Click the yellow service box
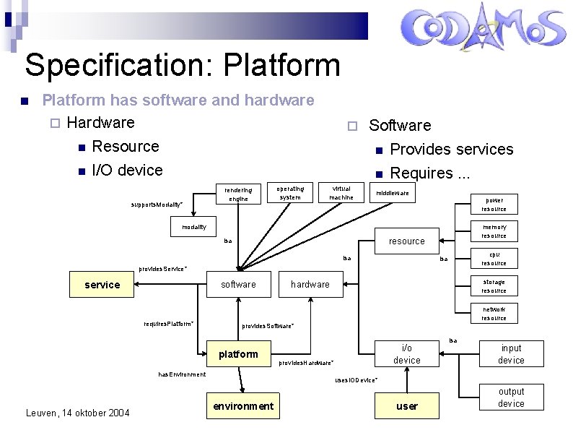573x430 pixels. (x=102, y=285)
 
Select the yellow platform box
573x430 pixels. (x=238, y=354)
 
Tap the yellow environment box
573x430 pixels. (x=243, y=406)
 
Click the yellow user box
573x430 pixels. (x=407, y=406)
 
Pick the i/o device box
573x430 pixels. (x=407, y=354)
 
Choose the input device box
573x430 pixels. (x=511, y=354)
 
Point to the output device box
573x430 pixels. (x=511, y=397)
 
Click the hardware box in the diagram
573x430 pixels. (x=310, y=285)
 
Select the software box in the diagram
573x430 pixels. (x=238, y=285)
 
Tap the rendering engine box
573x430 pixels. (x=238, y=194)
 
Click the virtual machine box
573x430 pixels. (x=341, y=192)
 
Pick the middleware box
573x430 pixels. (x=393, y=193)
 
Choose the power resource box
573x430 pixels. (x=494, y=205)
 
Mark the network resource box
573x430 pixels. (x=494, y=314)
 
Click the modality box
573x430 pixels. (x=193, y=227)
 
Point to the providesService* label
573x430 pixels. (x=163, y=269)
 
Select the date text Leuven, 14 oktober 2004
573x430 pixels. (x=77, y=413)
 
